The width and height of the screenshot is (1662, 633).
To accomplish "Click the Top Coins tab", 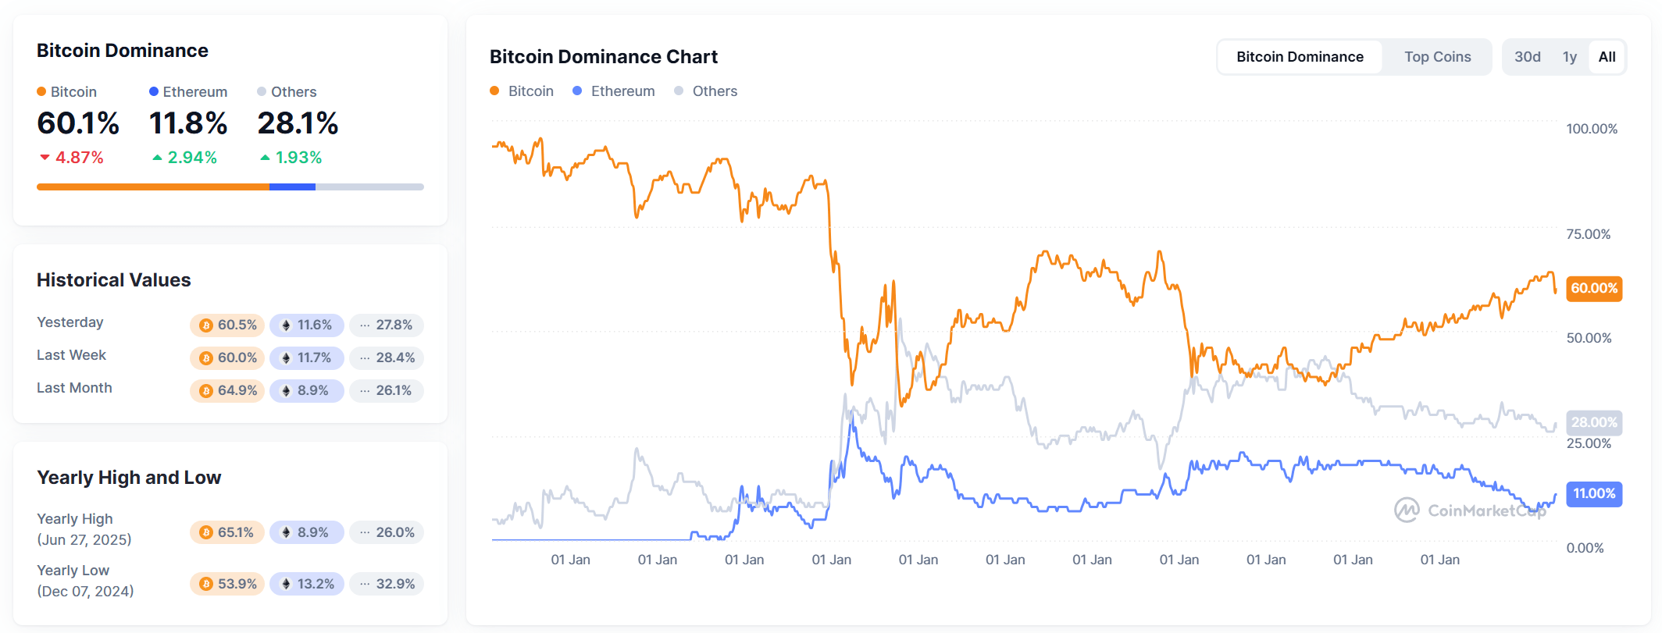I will (x=1436, y=57).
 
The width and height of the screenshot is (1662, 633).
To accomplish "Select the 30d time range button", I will (x=1527, y=57).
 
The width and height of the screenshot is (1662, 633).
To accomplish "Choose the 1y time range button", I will (x=1569, y=57).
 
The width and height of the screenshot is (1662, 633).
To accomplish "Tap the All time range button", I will (x=1607, y=57).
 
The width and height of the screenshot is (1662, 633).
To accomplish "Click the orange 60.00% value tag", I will (x=1593, y=288).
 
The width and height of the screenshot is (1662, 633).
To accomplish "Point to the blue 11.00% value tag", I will (x=1593, y=493).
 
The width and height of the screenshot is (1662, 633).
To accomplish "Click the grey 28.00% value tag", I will (x=1593, y=422).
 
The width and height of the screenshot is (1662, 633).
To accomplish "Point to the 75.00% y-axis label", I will (x=1588, y=234).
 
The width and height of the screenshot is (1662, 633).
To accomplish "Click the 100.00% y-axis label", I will (x=1591, y=129).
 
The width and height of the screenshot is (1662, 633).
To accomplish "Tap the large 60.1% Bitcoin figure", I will (x=78, y=123).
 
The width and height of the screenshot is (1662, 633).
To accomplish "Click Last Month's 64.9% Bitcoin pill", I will (x=227, y=390).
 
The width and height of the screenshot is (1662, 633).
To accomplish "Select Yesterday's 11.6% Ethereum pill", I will (x=306, y=325).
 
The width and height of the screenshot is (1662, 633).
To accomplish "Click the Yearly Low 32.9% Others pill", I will (x=387, y=584).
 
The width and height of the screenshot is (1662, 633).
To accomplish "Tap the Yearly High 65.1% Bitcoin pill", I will (x=227, y=532).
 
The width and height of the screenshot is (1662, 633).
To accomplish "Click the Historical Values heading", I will (x=113, y=280).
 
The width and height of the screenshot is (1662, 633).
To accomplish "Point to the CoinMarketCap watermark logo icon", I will (x=1407, y=510).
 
